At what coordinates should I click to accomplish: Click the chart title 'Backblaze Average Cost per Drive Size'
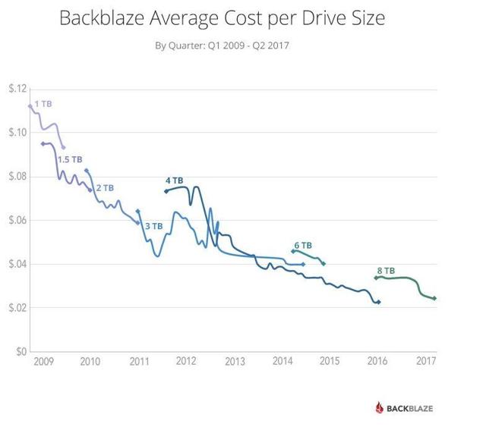click(222, 17)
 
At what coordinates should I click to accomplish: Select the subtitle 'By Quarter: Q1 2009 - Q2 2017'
click(222, 46)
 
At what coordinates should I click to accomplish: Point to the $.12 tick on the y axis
click(17, 89)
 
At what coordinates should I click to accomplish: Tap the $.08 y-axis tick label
click(17, 177)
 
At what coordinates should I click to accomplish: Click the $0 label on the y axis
click(21, 352)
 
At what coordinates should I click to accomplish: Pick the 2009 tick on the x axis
click(43, 360)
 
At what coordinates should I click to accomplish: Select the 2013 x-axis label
click(235, 360)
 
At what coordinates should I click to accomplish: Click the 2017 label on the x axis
click(426, 360)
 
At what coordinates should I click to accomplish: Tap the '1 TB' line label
click(43, 102)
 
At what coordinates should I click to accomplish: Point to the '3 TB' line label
click(153, 225)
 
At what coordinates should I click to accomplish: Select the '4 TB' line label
click(174, 181)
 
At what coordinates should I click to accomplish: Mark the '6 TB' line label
click(302, 245)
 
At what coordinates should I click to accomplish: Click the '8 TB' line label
click(385, 270)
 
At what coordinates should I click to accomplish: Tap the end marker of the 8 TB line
click(434, 298)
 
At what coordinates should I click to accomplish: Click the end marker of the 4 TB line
click(379, 302)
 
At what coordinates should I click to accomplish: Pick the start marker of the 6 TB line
click(294, 251)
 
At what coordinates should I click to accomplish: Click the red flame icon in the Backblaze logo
click(380, 407)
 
